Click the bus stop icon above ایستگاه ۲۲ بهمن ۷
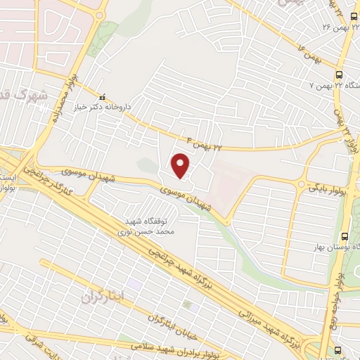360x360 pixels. [x=340, y=74]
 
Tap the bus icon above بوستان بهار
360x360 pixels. [x=345, y=237]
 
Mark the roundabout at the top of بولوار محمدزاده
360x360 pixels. [x=100, y=9]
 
